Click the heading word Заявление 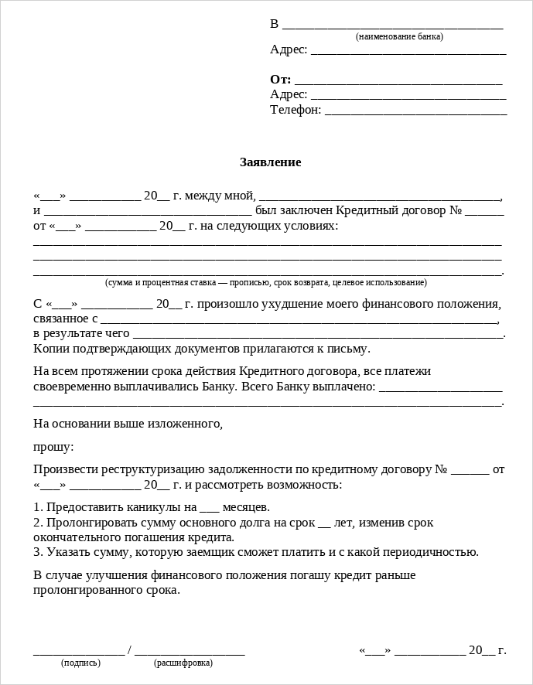tap(270, 162)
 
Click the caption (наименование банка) tap(399, 36)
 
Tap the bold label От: tap(280, 80)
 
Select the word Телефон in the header tap(295, 110)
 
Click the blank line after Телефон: tap(415, 113)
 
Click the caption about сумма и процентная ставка tap(265, 282)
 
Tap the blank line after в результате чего tap(318, 336)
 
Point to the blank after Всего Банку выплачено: tap(440, 389)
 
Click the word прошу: tap(54, 447)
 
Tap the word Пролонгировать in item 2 tap(84, 523)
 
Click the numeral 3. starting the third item tap(38, 552)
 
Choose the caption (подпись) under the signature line tap(80, 663)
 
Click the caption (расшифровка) tap(183, 663)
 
